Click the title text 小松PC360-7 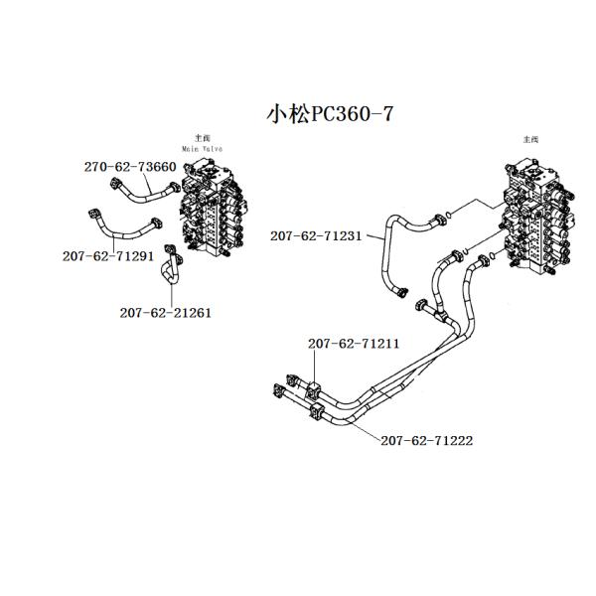330,113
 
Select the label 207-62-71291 106,255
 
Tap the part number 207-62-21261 165,312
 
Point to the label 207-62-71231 315,236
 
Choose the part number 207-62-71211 354,344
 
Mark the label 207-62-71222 426,440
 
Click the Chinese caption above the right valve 528,142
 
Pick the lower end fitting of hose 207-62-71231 404,291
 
